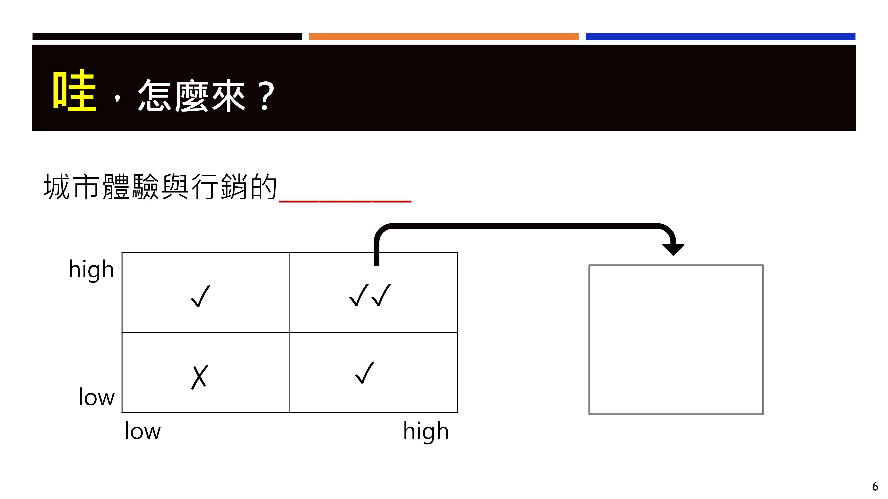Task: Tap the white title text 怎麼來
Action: coord(192,96)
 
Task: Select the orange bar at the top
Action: coord(443,37)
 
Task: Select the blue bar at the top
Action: coord(720,37)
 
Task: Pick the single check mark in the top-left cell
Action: coord(201,296)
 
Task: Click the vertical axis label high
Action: coord(91,270)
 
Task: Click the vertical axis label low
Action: coord(97,397)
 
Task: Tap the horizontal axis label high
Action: coord(426,432)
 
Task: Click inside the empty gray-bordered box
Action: coord(676,340)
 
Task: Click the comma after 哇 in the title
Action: coord(118,97)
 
